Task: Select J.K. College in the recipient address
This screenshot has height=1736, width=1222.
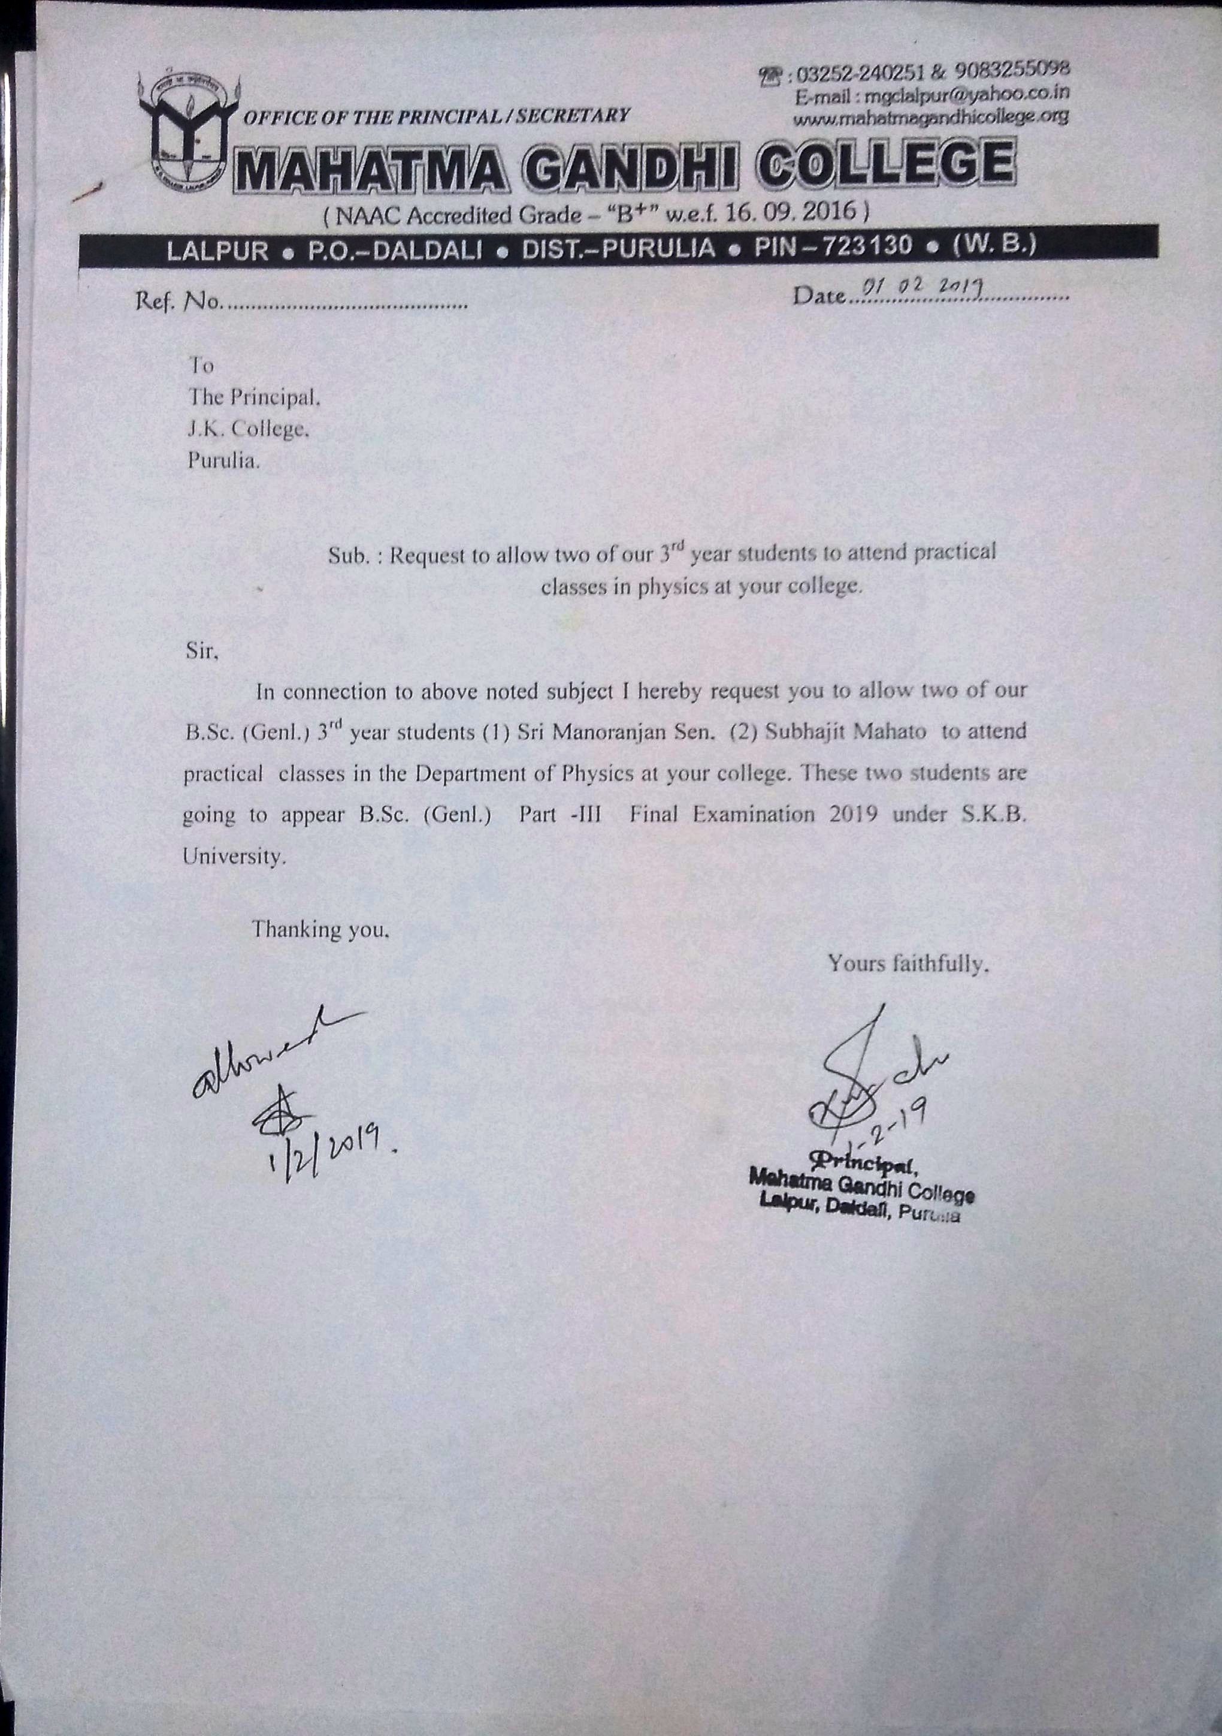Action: pos(249,429)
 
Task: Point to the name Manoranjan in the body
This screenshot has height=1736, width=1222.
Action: pos(606,732)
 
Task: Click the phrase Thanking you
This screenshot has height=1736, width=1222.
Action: pos(320,929)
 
